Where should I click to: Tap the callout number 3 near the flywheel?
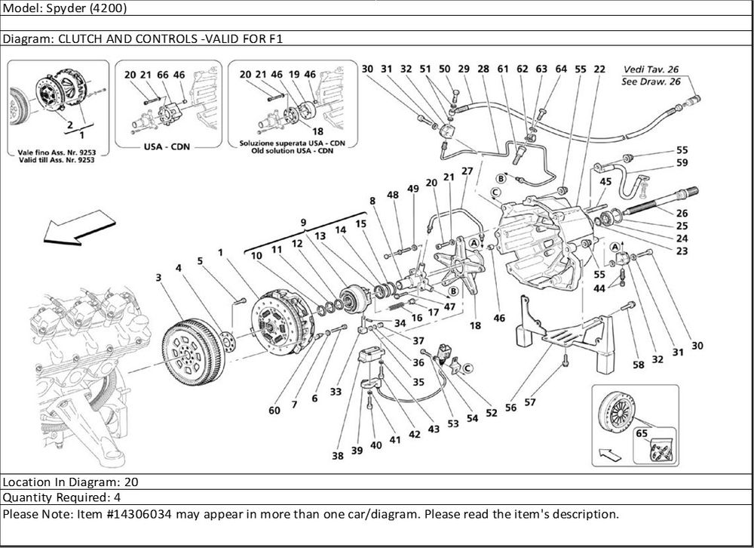159,279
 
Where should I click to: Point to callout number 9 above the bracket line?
303,223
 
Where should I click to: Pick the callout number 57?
530,402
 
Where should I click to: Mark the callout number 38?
337,456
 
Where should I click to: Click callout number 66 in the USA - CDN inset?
162,75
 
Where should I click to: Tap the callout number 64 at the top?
560,69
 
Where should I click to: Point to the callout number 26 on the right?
682,213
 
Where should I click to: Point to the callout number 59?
682,162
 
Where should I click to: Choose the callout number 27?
467,171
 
